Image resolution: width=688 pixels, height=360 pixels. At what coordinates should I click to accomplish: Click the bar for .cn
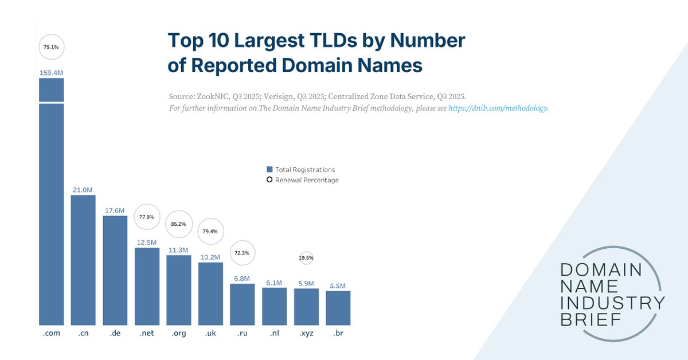83,260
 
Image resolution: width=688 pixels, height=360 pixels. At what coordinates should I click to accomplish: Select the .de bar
115,271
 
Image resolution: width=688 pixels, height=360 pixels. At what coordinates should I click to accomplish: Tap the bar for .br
338,308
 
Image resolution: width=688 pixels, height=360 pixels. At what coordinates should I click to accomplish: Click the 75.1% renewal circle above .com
52,48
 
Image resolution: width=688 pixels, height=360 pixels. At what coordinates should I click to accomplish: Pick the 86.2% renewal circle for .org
179,224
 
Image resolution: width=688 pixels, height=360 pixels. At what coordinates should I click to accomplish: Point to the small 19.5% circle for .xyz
306,258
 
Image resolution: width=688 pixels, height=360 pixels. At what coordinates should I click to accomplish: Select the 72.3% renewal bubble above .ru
243,253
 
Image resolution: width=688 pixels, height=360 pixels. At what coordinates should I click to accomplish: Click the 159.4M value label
52,73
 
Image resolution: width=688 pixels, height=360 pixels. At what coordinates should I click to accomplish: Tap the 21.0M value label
83,190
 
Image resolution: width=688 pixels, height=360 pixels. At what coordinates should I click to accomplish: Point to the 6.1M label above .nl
275,283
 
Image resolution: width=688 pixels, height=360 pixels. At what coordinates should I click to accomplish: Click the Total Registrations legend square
269,170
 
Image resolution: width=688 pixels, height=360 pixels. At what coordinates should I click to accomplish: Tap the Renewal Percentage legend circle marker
269,180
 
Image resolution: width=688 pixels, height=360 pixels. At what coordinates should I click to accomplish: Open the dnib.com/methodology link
498,108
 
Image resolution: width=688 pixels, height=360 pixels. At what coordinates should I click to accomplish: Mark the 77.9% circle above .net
147,217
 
